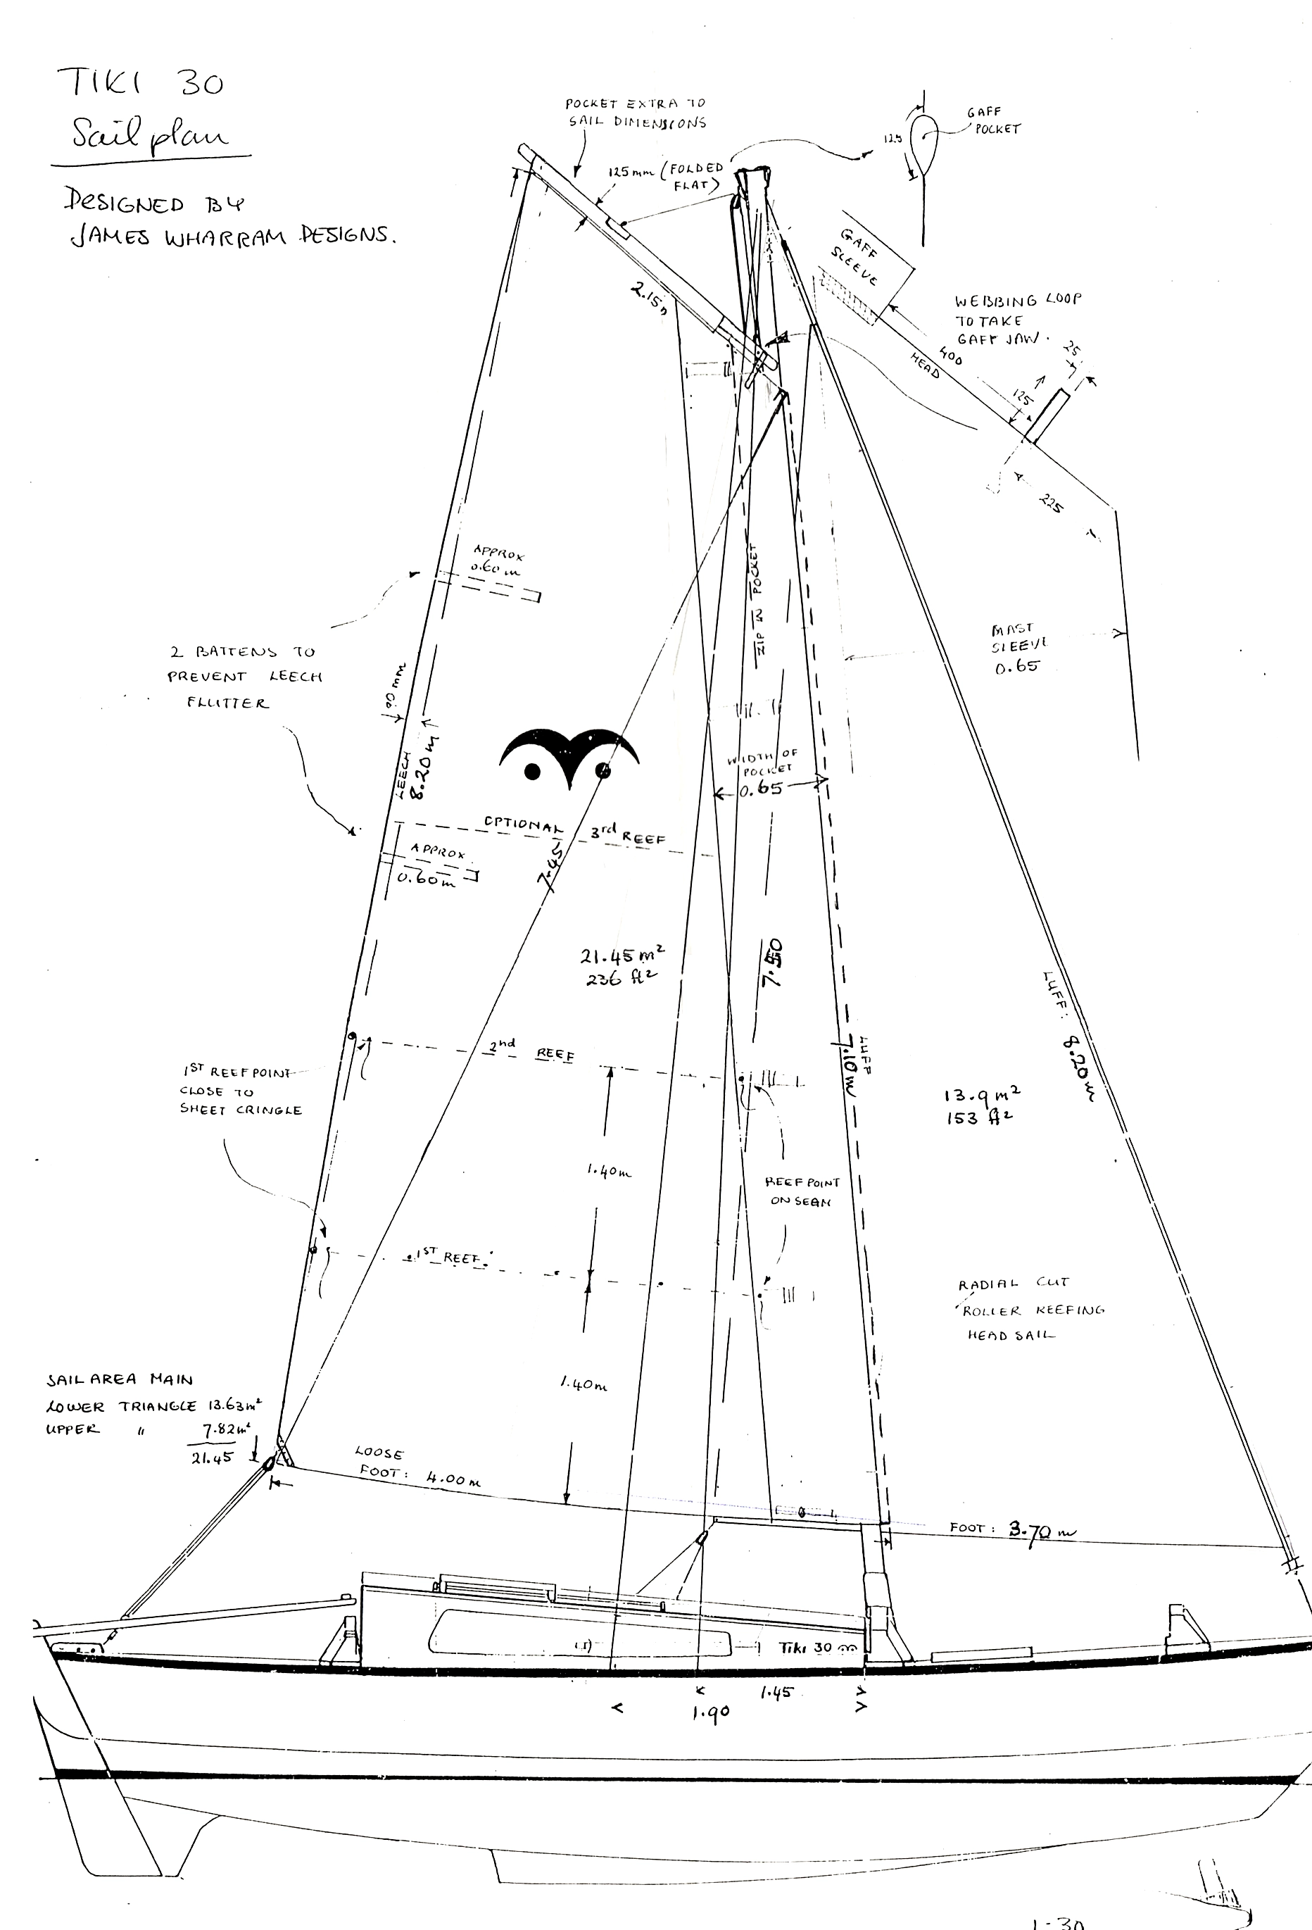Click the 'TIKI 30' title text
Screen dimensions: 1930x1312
tap(140, 83)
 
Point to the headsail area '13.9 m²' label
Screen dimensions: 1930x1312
tap(981, 1105)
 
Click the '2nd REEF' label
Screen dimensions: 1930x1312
tap(531, 1049)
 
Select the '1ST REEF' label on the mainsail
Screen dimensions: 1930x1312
tap(448, 1258)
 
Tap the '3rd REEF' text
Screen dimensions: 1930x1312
tap(628, 834)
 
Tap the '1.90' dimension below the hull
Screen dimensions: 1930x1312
tap(710, 1712)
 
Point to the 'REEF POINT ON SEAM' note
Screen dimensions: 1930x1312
tap(801, 1191)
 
